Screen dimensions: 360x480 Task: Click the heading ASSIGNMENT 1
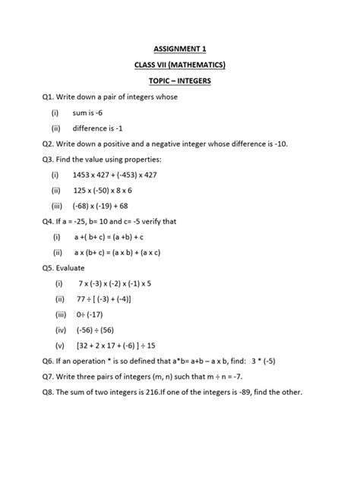180,49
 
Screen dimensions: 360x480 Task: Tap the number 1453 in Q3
84,175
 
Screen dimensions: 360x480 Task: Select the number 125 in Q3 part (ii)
81,190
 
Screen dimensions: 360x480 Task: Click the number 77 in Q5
82,299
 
